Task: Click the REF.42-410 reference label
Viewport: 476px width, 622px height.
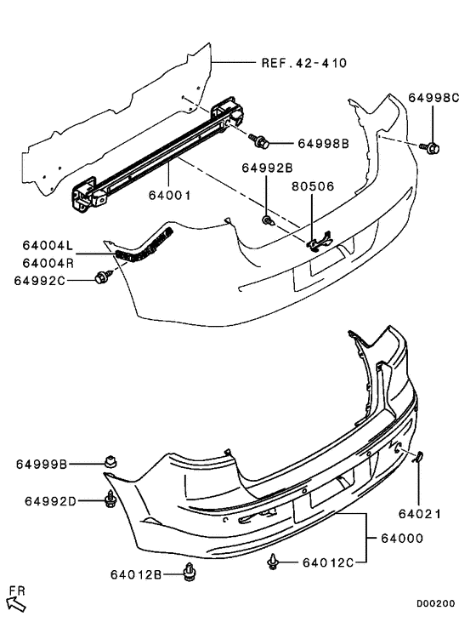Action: [303, 62]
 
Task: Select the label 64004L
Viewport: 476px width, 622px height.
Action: [48, 246]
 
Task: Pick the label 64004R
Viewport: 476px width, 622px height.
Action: [48, 262]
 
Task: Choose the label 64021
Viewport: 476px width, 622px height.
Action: [418, 513]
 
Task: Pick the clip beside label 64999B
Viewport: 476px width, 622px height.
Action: [110, 463]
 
